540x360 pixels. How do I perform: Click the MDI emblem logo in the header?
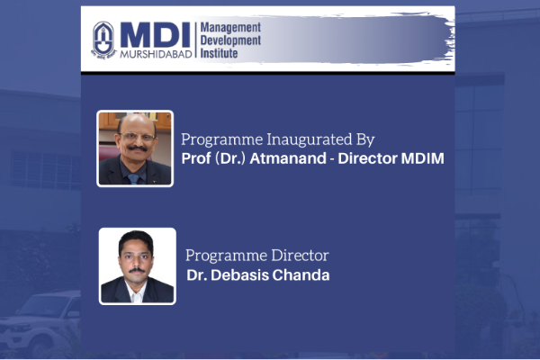[x=103, y=40]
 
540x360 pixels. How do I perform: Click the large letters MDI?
[x=156, y=35]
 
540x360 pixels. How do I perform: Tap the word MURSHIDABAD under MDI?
[x=156, y=54]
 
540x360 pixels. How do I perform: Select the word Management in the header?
[x=230, y=28]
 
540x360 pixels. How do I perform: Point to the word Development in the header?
[x=230, y=40]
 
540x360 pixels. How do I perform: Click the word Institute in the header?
[x=219, y=53]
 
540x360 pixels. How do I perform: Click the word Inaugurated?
[x=310, y=139]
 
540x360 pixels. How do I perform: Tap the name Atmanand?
[x=288, y=158]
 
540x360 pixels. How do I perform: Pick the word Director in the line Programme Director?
[x=300, y=256]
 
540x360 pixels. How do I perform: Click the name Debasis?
[x=239, y=274]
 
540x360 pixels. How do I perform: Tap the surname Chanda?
[x=301, y=274]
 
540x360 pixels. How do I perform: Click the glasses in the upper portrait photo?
[x=137, y=137]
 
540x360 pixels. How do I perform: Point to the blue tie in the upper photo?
[x=133, y=178]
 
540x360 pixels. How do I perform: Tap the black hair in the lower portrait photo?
[x=136, y=239]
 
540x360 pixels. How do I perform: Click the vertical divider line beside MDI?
[x=195, y=40]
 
